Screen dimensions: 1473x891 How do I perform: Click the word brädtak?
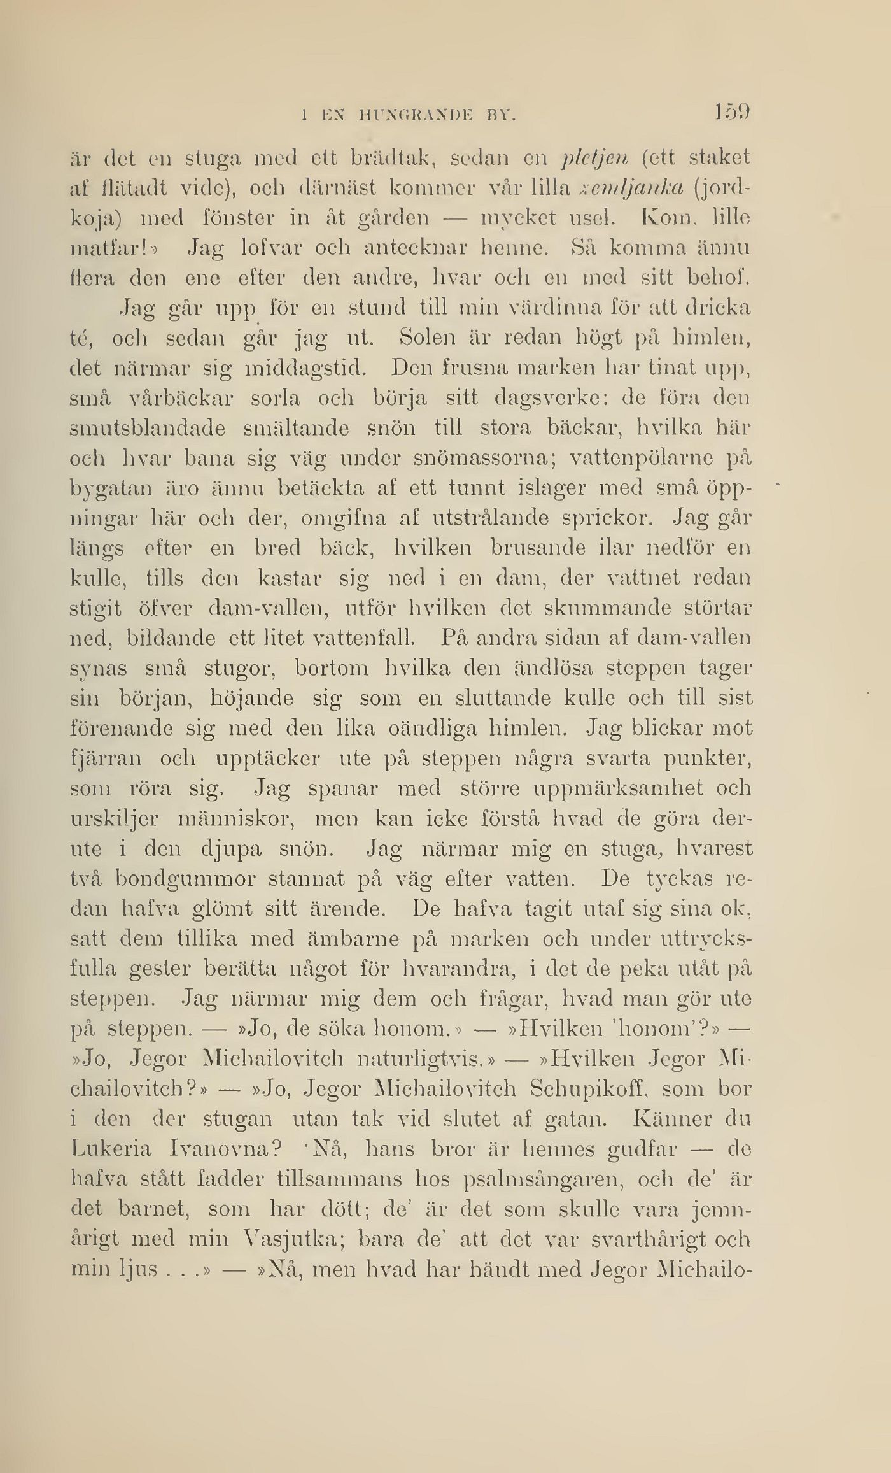375,157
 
